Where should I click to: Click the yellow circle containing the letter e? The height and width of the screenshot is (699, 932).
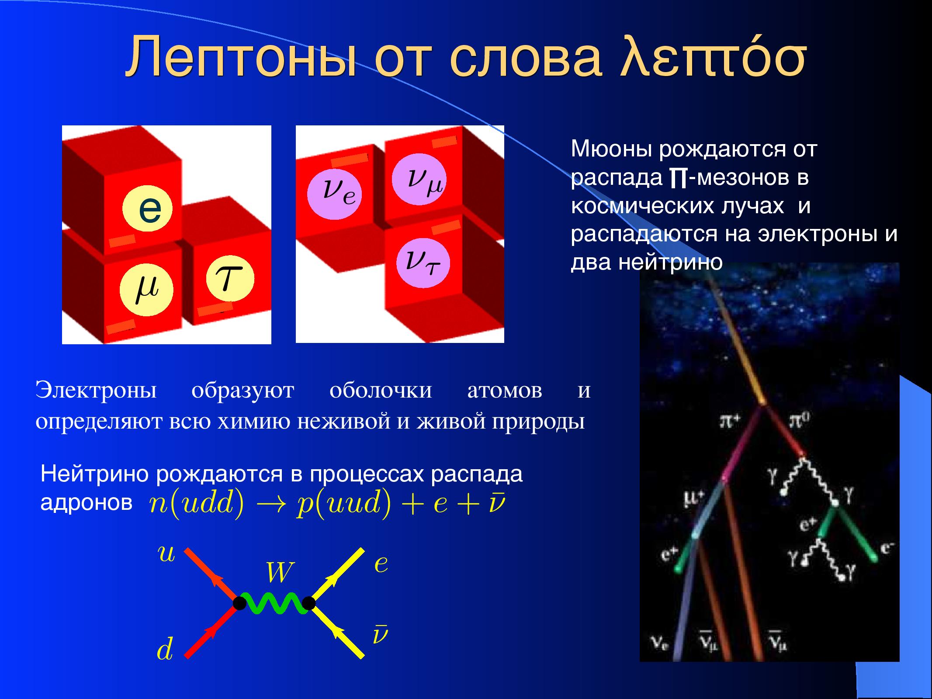(148, 209)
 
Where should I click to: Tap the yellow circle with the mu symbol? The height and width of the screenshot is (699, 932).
(147, 291)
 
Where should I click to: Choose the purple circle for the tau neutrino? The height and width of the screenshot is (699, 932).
(423, 263)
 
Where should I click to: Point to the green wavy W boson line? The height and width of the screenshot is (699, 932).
(274, 603)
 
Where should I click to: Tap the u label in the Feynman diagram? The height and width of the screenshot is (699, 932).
(166, 554)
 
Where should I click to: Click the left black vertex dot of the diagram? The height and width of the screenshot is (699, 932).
(239, 603)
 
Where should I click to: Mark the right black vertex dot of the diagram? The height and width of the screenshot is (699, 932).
(308, 603)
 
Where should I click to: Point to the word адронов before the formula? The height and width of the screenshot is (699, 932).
(87, 503)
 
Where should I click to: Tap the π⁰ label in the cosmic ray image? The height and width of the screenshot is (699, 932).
(800, 421)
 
